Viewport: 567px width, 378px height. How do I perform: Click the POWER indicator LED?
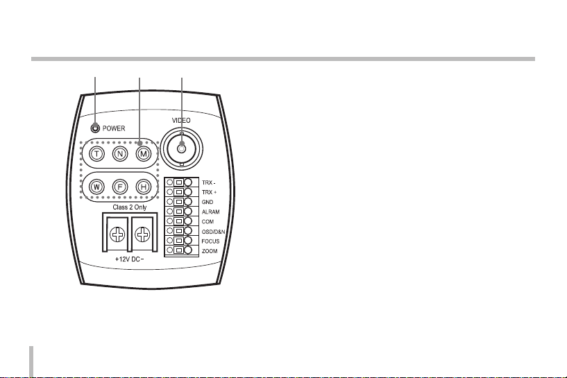point(95,128)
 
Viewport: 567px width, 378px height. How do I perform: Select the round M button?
point(143,153)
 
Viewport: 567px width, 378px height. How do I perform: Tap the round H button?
point(143,186)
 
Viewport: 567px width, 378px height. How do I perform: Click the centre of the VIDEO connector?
point(181,148)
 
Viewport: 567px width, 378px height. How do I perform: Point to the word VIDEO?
point(181,120)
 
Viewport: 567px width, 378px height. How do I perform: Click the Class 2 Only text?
point(130,207)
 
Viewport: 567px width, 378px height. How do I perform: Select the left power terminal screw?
point(117,235)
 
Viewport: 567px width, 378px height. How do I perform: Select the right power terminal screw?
point(144,235)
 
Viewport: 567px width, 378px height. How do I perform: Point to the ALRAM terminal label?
point(211,211)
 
